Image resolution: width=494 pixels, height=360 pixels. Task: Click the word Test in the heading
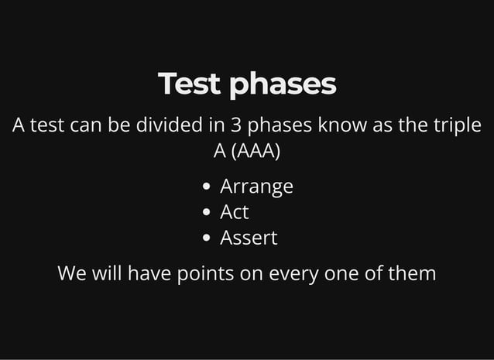190,84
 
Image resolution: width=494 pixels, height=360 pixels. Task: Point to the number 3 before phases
236,125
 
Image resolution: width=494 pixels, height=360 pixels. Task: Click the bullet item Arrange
256,187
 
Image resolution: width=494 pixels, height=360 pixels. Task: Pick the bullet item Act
234,212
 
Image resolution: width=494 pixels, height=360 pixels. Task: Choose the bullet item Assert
249,238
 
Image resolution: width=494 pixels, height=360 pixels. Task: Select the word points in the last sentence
205,274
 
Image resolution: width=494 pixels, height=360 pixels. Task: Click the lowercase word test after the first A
46,125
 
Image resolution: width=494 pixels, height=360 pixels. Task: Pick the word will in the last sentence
105,273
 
